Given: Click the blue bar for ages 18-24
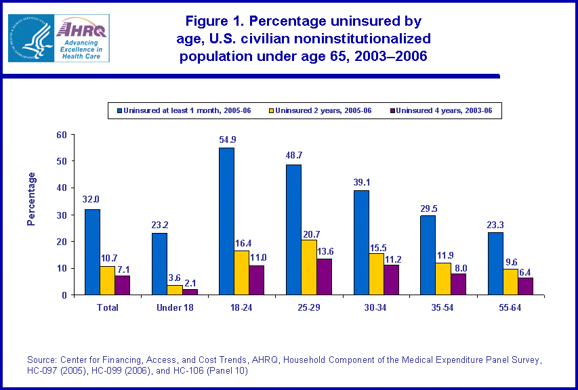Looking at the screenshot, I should [x=226, y=221].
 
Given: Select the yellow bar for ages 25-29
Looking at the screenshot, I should [x=309, y=267].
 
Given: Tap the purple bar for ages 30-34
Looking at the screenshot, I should [x=391, y=280].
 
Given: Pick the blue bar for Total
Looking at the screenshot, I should [x=92, y=252].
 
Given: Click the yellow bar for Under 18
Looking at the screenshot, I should [x=175, y=290].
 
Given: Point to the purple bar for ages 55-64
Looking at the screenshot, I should [x=526, y=286].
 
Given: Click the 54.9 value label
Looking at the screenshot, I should [x=226, y=140].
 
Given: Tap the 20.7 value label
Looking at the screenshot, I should [x=309, y=232].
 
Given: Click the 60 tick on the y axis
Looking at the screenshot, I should [x=62, y=135].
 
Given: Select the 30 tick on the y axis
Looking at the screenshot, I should [x=62, y=215].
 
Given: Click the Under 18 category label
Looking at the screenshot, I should [x=174, y=307].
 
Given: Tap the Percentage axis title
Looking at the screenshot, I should [x=31, y=199].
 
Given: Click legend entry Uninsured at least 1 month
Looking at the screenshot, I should [x=184, y=110].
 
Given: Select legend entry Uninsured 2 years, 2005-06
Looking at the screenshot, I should [x=318, y=110].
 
